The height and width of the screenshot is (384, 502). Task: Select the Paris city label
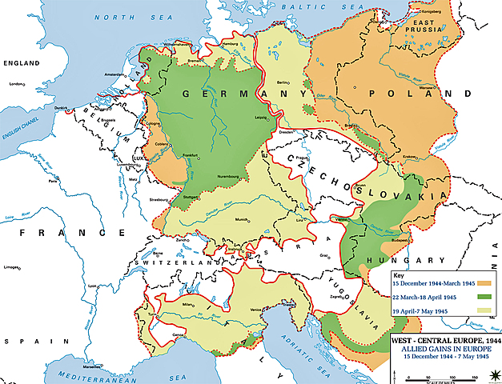pos(54,182)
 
